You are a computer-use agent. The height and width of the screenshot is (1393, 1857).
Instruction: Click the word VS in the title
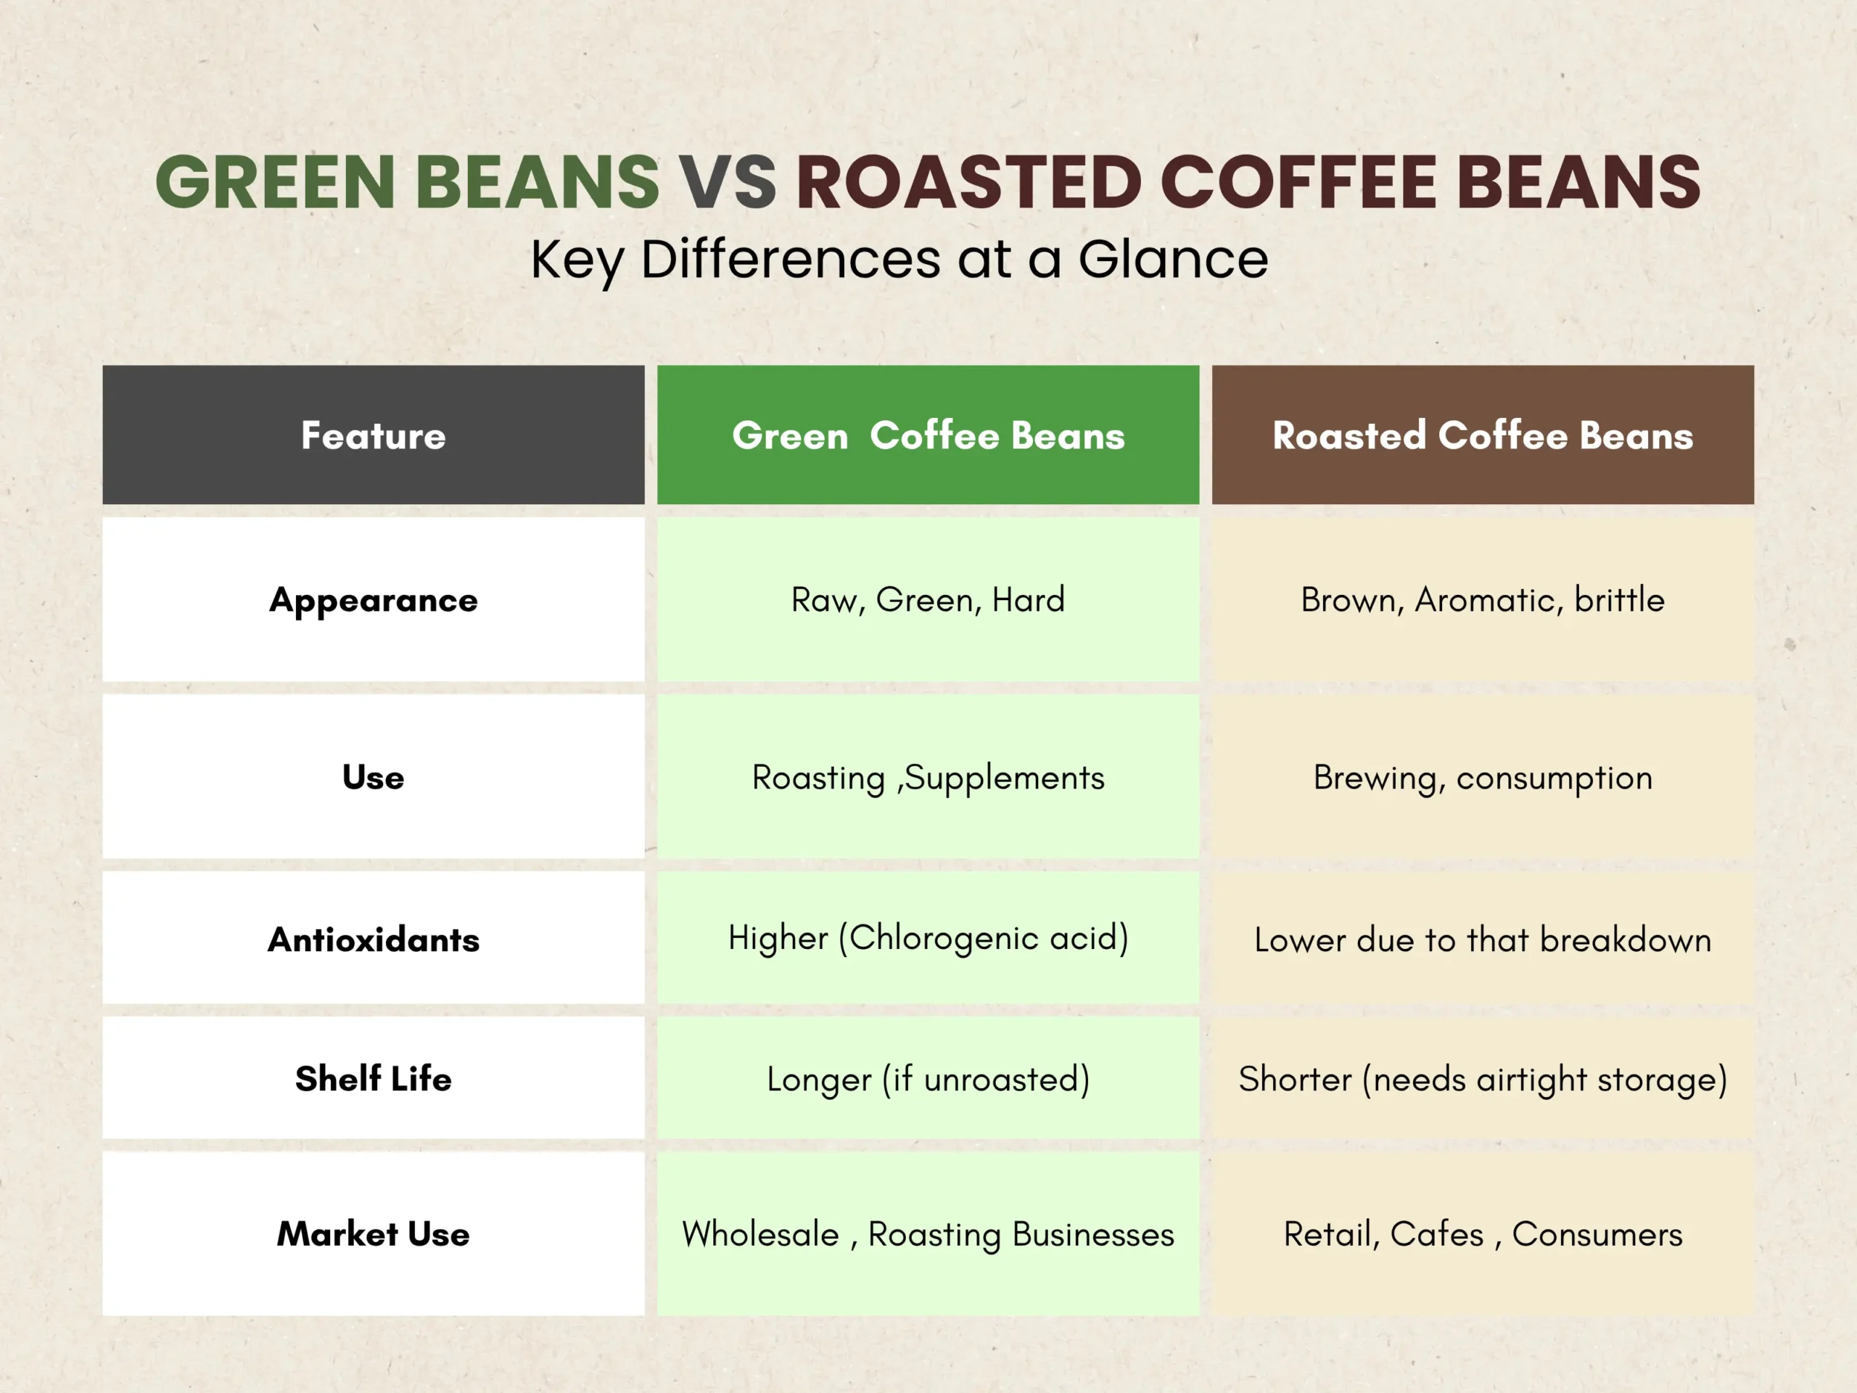[727, 182]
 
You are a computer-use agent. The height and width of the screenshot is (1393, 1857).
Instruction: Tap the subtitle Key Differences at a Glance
[899, 260]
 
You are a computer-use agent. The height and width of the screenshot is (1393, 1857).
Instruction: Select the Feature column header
[374, 435]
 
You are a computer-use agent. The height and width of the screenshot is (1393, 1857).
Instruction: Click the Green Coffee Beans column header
[928, 435]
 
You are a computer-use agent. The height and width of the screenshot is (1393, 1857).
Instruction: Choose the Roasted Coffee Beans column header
[1483, 435]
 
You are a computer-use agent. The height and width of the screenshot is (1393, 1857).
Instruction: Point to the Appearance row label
[374, 599]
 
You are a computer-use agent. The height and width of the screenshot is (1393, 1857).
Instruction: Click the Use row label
[374, 777]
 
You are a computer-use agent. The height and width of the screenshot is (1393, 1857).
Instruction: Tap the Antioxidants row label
[374, 939]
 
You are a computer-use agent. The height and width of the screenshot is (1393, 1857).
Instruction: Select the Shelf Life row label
[374, 1078]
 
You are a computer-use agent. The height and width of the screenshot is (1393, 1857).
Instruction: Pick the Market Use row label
[374, 1233]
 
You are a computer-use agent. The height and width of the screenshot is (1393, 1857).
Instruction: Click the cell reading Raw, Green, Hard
[928, 599]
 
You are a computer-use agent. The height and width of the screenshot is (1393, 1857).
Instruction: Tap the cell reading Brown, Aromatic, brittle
[1483, 599]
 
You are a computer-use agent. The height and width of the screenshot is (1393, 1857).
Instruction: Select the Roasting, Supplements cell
[928, 777]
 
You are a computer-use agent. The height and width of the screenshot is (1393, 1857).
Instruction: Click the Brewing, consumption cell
[1483, 777]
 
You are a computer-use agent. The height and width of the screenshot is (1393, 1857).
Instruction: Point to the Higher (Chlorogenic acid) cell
[928, 939]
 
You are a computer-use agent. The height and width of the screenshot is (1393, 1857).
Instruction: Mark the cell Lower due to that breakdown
[1483, 939]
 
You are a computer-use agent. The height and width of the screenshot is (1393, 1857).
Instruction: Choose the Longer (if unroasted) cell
[928, 1078]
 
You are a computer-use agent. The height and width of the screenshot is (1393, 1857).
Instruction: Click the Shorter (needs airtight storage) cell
[1483, 1078]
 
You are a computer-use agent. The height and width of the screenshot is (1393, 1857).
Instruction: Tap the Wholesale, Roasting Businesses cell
[928, 1233]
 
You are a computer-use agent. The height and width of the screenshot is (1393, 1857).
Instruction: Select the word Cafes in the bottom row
[1436, 1234]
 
